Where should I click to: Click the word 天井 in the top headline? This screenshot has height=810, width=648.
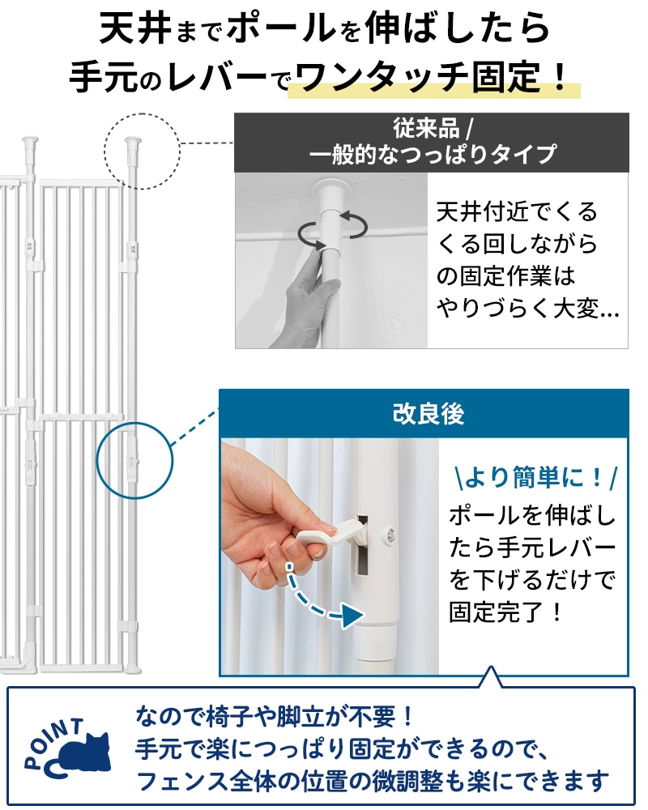(134, 28)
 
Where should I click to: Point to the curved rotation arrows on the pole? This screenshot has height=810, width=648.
(333, 228)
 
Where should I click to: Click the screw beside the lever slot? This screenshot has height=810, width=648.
(390, 535)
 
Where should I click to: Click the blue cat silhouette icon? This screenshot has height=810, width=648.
(83, 754)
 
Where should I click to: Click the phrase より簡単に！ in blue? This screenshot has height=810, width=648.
(535, 477)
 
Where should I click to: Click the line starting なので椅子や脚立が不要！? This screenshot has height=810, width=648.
(274, 715)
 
